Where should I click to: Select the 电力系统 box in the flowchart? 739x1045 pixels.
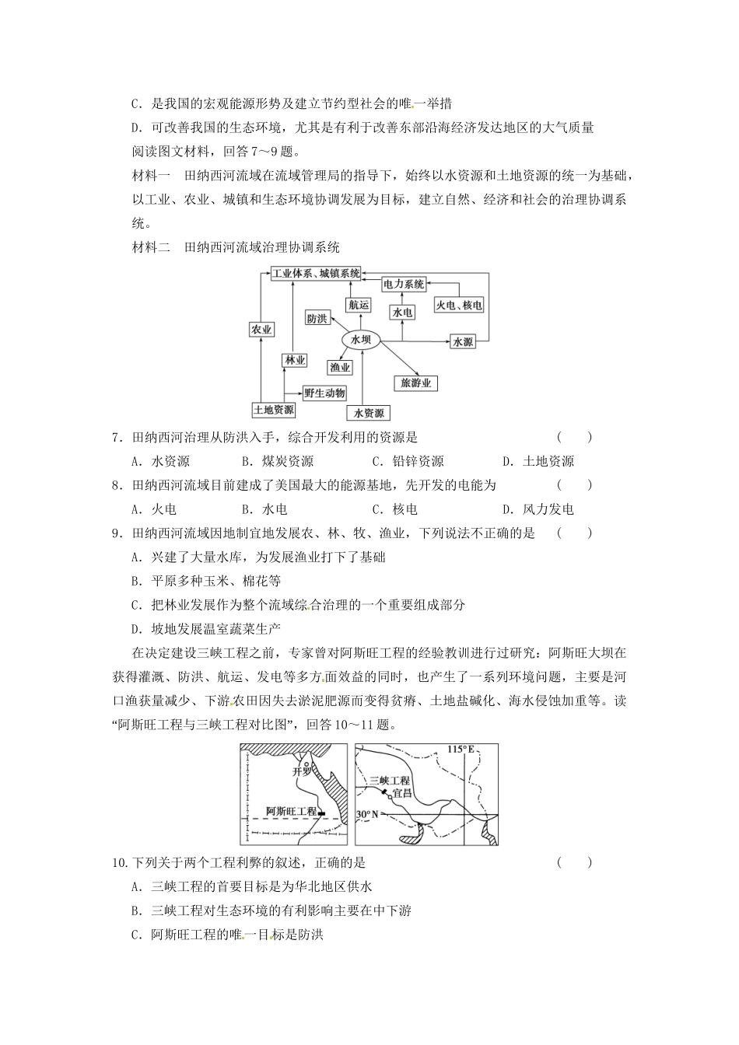(404, 285)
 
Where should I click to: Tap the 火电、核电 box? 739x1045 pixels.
(459, 306)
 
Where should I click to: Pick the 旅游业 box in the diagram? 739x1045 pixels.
(415, 383)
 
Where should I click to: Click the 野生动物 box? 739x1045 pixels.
(324, 393)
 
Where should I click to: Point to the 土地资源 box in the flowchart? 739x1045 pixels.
(274, 410)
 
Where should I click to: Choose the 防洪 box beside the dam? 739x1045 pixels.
(317, 318)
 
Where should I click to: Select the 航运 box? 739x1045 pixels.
(359, 305)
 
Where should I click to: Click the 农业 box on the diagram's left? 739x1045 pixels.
(261, 330)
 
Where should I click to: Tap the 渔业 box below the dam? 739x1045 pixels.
(340, 367)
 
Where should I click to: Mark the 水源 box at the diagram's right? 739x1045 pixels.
(463, 341)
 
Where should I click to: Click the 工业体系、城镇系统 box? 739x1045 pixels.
(316, 273)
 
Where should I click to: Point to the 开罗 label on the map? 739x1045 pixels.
(301, 772)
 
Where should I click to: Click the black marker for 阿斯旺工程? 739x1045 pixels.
(322, 812)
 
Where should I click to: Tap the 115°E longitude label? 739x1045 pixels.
(461, 750)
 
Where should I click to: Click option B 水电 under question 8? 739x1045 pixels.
(264, 509)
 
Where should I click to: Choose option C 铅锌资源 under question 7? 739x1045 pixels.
(408, 461)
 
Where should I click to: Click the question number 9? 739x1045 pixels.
(115, 533)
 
